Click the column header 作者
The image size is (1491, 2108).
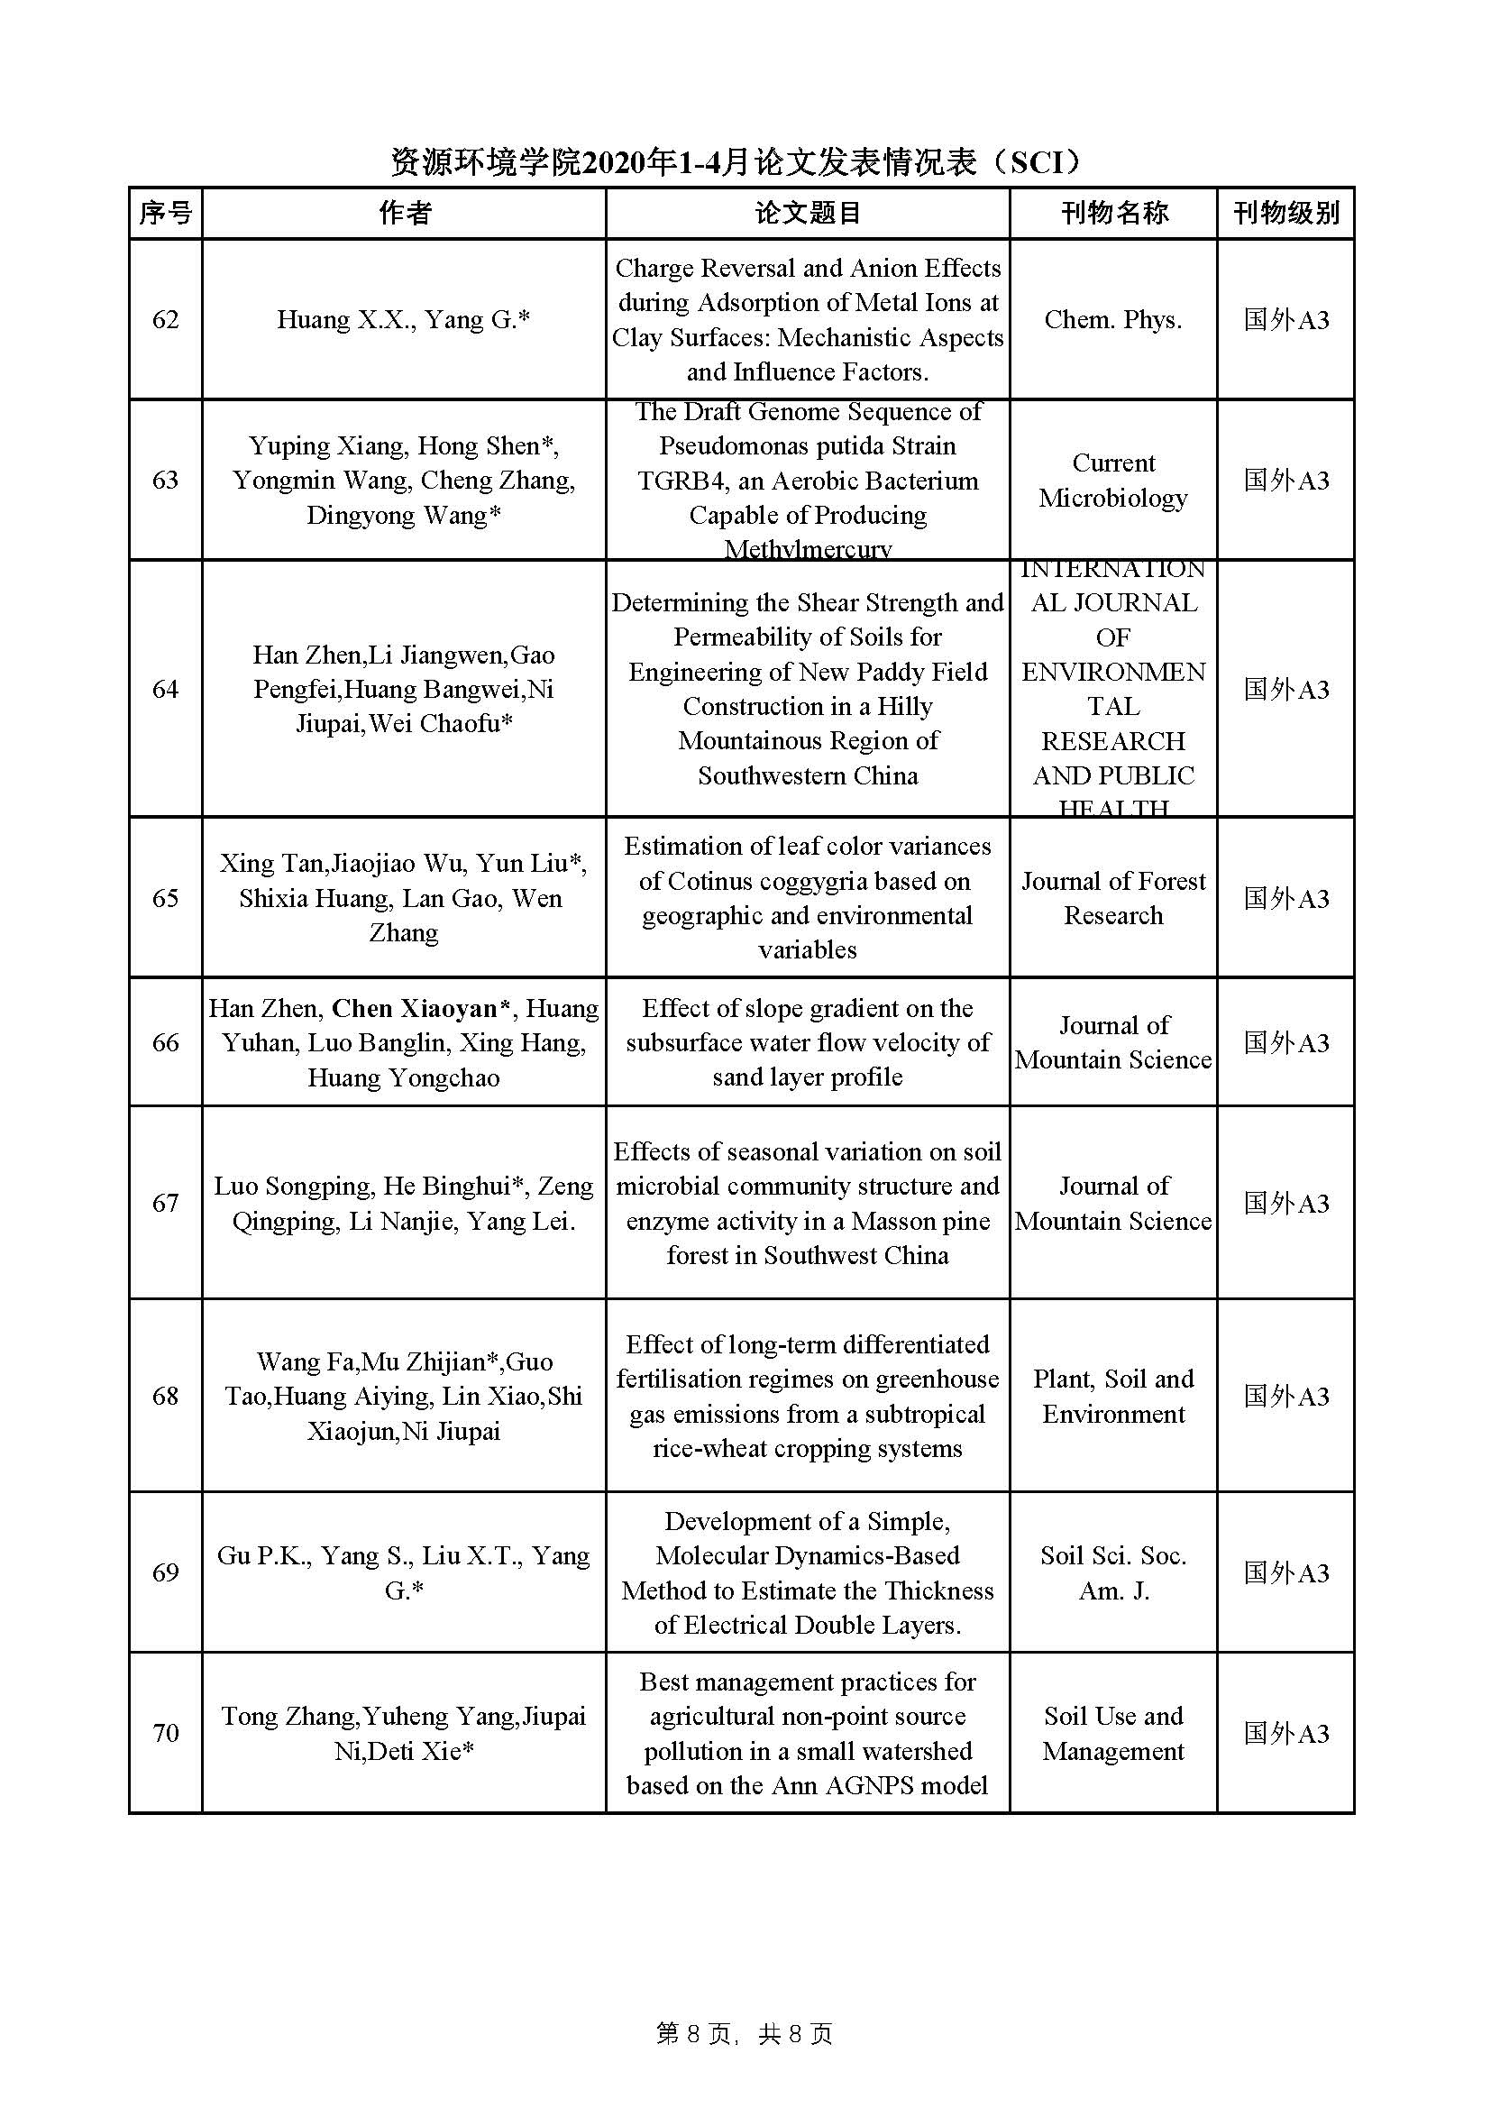point(404,213)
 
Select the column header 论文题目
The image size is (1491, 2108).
point(807,213)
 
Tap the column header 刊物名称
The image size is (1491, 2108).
point(1113,213)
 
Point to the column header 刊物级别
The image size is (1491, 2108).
point(1285,213)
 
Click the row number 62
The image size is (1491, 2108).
point(165,319)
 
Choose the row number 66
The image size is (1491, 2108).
point(165,1042)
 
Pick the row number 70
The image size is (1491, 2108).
point(165,1734)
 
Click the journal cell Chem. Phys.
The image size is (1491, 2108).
point(1113,319)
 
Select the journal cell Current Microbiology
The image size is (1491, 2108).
point(1113,481)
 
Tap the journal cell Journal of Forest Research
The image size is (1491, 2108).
point(1113,898)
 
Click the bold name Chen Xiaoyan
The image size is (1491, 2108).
point(414,1008)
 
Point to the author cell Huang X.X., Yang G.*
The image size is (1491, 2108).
point(404,319)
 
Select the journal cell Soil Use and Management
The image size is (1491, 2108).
point(1113,1734)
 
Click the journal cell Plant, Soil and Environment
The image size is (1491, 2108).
point(1113,1396)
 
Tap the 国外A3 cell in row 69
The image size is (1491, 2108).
point(1285,1572)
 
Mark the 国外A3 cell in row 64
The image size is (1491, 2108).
point(1285,689)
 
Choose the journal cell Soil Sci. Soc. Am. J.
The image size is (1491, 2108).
point(1113,1572)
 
